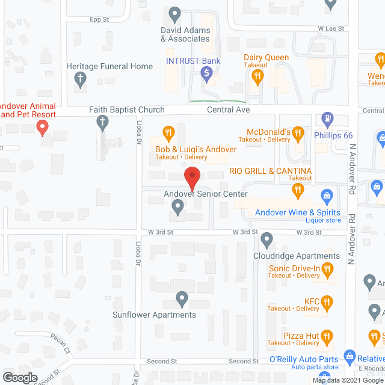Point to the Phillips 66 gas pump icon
click(328, 118)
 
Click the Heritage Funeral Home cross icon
click(79, 78)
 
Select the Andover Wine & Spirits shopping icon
click(327, 195)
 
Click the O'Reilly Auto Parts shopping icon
click(349, 357)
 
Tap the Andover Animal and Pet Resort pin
click(42, 127)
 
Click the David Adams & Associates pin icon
click(175, 13)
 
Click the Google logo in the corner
click(19, 377)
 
